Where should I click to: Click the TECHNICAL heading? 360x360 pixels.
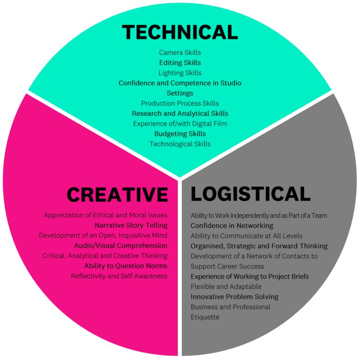pyautogui.click(x=180, y=32)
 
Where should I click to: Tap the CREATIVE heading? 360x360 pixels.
pyautogui.click(x=117, y=194)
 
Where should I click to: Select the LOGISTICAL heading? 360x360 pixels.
pyautogui.click(x=250, y=194)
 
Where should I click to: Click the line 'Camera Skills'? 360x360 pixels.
pyautogui.click(x=180, y=53)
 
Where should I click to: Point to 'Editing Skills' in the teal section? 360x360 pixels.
pyautogui.click(x=180, y=63)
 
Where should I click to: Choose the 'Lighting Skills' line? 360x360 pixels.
pyautogui.click(x=180, y=73)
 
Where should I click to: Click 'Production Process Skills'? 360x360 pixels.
pyautogui.click(x=180, y=104)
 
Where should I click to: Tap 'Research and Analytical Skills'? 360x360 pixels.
pyautogui.click(x=180, y=114)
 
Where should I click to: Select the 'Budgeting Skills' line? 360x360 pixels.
pyautogui.click(x=180, y=134)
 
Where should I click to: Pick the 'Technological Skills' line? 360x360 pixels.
pyautogui.click(x=180, y=144)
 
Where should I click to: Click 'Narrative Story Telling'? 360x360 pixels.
pyautogui.click(x=131, y=225)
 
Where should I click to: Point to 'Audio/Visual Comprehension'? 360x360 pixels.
pyautogui.click(x=121, y=246)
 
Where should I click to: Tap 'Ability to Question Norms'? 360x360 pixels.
pyautogui.click(x=125, y=266)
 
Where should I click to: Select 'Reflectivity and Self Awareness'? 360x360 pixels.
pyautogui.click(x=119, y=276)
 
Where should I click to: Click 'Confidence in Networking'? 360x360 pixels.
pyautogui.click(x=232, y=226)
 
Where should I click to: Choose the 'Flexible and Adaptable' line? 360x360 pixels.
pyautogui.click(x=226, y=286)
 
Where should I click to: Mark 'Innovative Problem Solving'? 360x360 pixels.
pyautogui.click(x=235, y=297)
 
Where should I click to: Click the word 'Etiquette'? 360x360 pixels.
pyautogui.click(x=205, y=317)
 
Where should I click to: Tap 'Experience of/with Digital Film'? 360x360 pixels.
pyautogui.click(x=180, y=124)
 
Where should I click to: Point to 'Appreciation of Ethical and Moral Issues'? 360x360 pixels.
pyautogui.click(x=106, y=215)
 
